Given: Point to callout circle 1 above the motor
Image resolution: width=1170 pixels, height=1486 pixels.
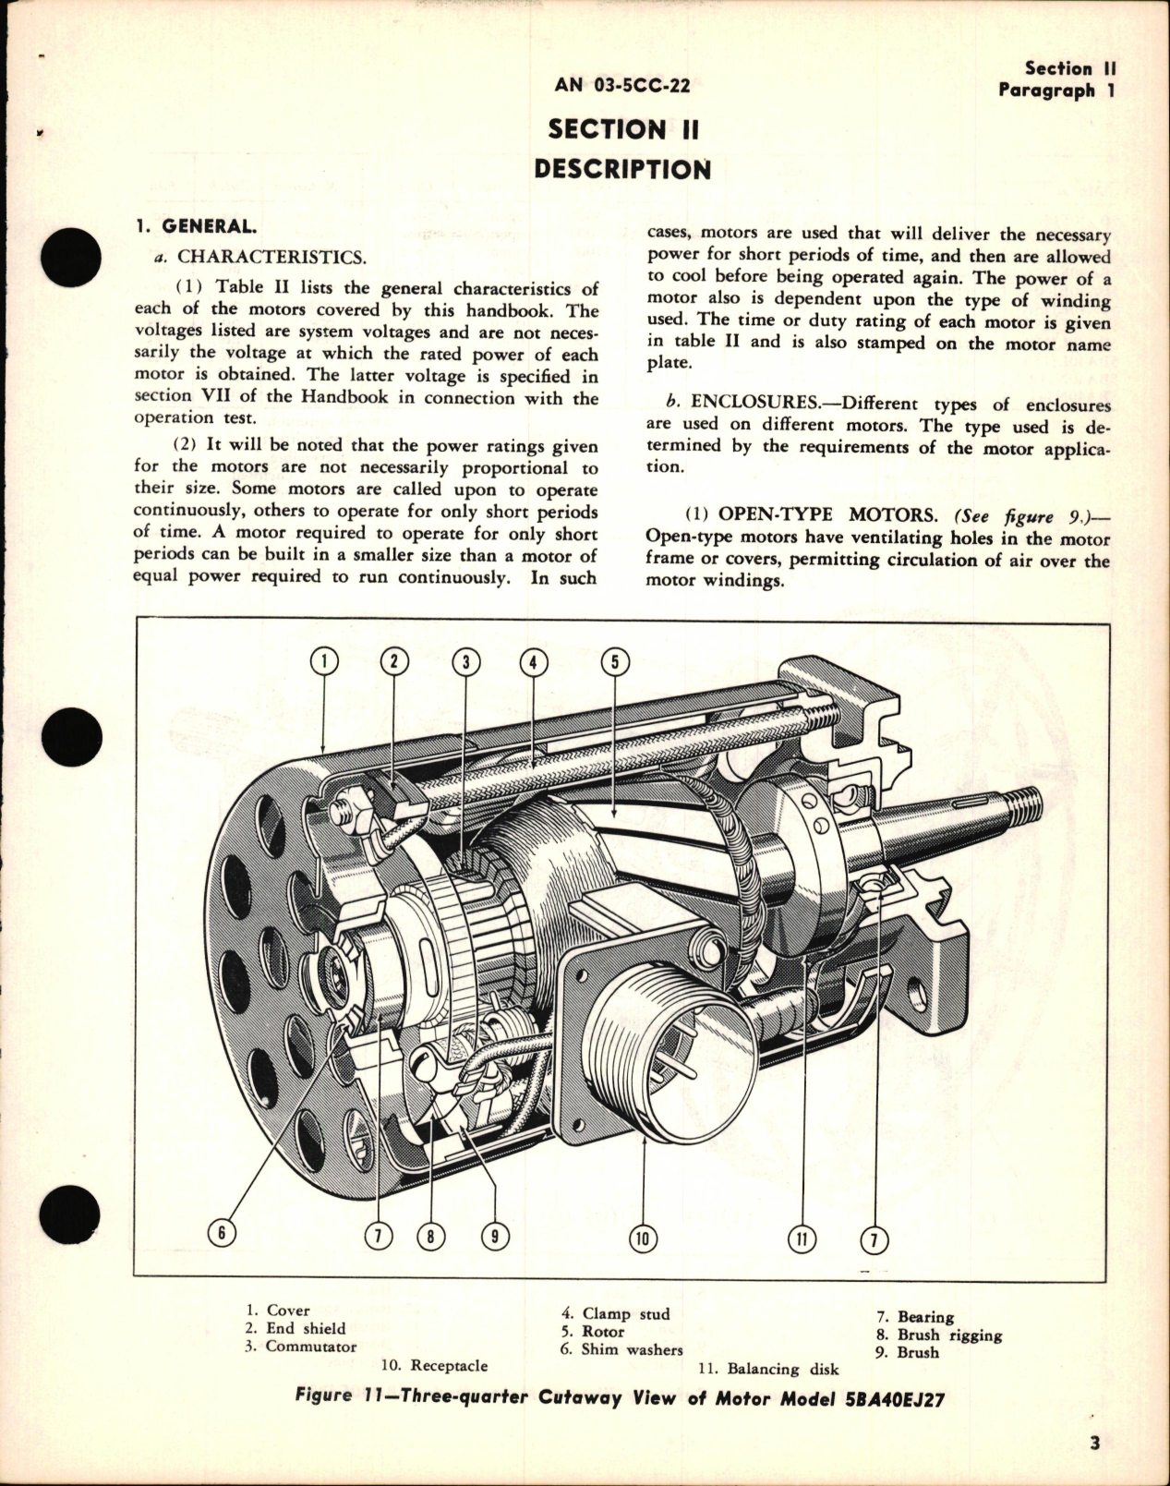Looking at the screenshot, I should [x=323, y=660].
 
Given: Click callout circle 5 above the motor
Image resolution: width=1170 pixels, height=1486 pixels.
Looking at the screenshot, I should [x=615, y=660].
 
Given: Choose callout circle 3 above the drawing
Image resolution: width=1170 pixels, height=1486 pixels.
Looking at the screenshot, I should [x=466, y=660].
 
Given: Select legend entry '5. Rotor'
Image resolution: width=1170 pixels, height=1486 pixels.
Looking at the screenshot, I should [x=593, y=1332].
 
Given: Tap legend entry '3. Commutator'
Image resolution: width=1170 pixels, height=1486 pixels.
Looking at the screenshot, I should [x=301, y=1347].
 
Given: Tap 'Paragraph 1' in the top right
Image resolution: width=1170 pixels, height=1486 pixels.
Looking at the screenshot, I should [x=1046, y=91].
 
